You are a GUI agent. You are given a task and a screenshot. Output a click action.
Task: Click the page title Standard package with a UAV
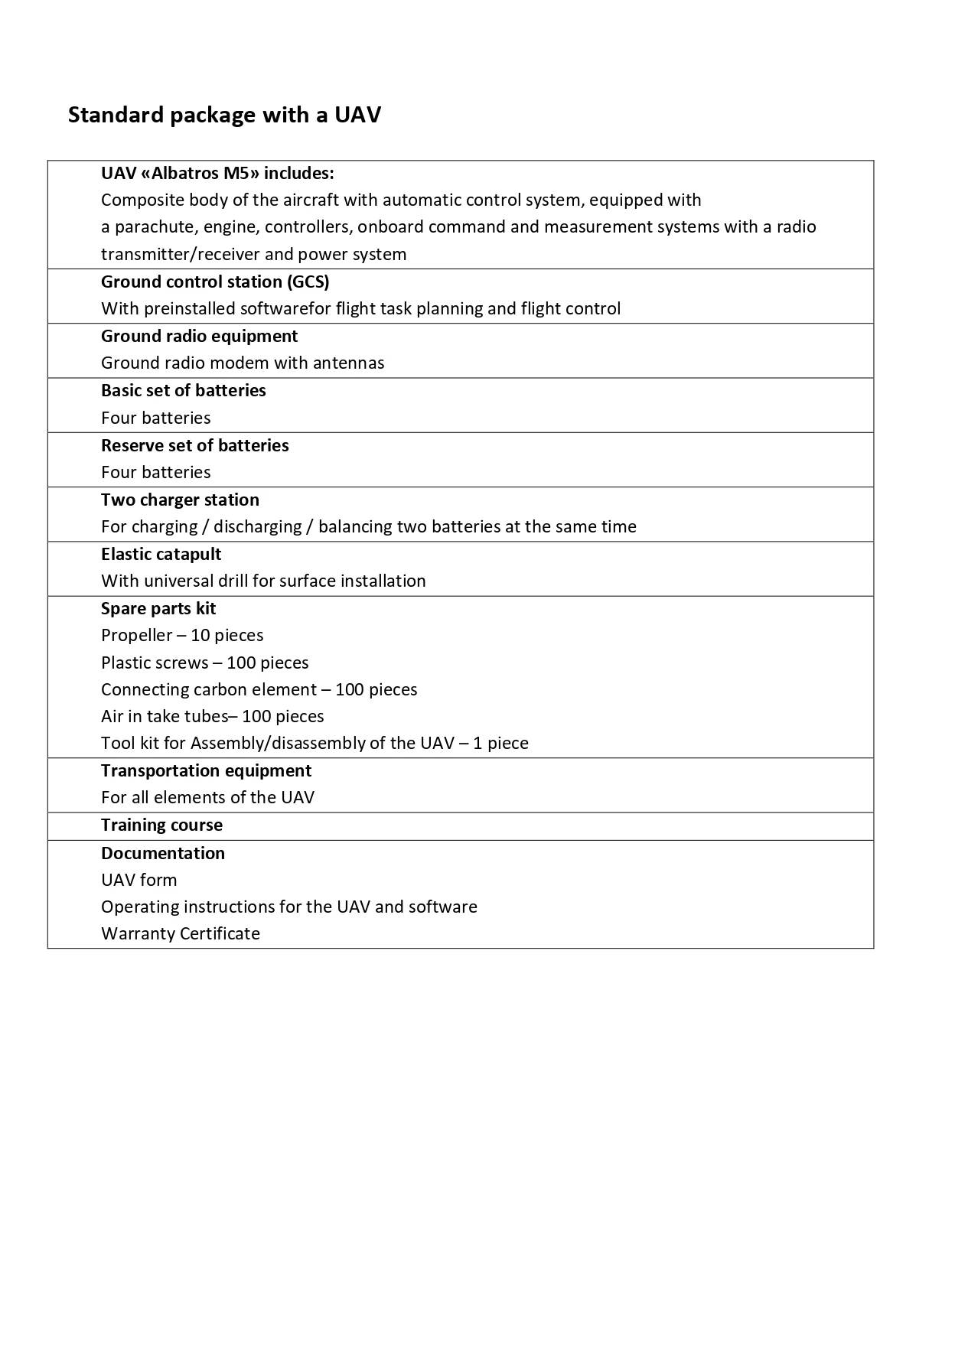(x=224, y=115)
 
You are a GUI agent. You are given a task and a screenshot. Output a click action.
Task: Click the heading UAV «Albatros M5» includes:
(x=217, y=173)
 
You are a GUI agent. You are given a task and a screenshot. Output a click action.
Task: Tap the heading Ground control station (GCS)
(x=215, y=282)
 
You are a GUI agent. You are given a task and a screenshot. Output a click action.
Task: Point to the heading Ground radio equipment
(x=199, y=336)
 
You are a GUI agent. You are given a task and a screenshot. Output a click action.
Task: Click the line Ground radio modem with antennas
(x=243, y=363)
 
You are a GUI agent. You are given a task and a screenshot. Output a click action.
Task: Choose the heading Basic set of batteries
(x=184, y=390)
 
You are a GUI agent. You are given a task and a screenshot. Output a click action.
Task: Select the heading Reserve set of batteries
(x=195, y=445)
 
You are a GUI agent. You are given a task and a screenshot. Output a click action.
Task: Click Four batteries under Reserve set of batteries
(x=156, y=472)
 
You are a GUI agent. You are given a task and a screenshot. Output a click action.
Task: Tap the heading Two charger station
(x=180, y=500)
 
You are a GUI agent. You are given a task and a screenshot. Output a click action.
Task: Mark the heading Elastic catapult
(x=161, y=554)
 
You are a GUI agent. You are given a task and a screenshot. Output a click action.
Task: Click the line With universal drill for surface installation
(x=263, y=581)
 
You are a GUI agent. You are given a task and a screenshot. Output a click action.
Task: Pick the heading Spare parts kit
(x=158, y=608)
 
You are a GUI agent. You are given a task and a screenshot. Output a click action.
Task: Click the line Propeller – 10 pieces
(x=182, y=635)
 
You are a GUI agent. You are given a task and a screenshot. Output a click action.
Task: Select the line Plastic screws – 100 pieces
(x=205, y=663)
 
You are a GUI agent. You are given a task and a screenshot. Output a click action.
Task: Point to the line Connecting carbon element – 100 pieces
(x=259, y=689)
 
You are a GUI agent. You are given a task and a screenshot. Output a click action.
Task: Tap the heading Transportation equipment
(x=206, y=770)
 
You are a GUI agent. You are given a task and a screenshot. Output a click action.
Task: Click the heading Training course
(x=161, y=825)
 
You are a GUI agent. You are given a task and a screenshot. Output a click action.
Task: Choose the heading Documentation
(x=163, y=853)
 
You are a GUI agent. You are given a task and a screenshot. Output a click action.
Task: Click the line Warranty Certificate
(x=181, y=933)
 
